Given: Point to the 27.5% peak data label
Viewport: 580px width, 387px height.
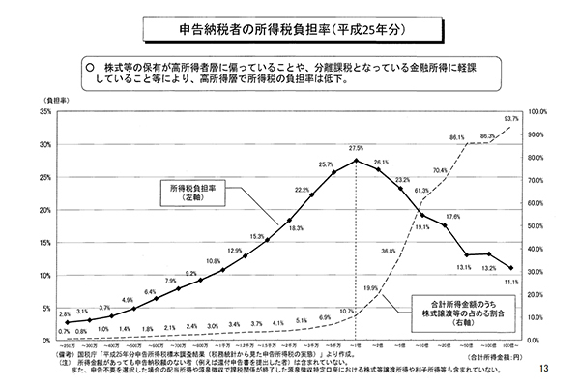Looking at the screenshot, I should tap(356, 148).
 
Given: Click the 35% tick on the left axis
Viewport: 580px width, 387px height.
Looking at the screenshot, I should tap(45, 112).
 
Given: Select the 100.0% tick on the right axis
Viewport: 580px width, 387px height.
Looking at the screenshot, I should tap(536, 112).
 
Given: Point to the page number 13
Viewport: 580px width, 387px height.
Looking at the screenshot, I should tap(546, 371).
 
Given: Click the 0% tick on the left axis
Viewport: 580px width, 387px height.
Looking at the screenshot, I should tap(47, 341).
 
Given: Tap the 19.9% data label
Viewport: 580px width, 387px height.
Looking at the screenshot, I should tap(370, 288).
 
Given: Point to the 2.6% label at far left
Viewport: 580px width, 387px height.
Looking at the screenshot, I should tap(65, 315).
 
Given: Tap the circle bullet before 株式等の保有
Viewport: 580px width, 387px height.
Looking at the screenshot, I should tap(88, 68).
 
